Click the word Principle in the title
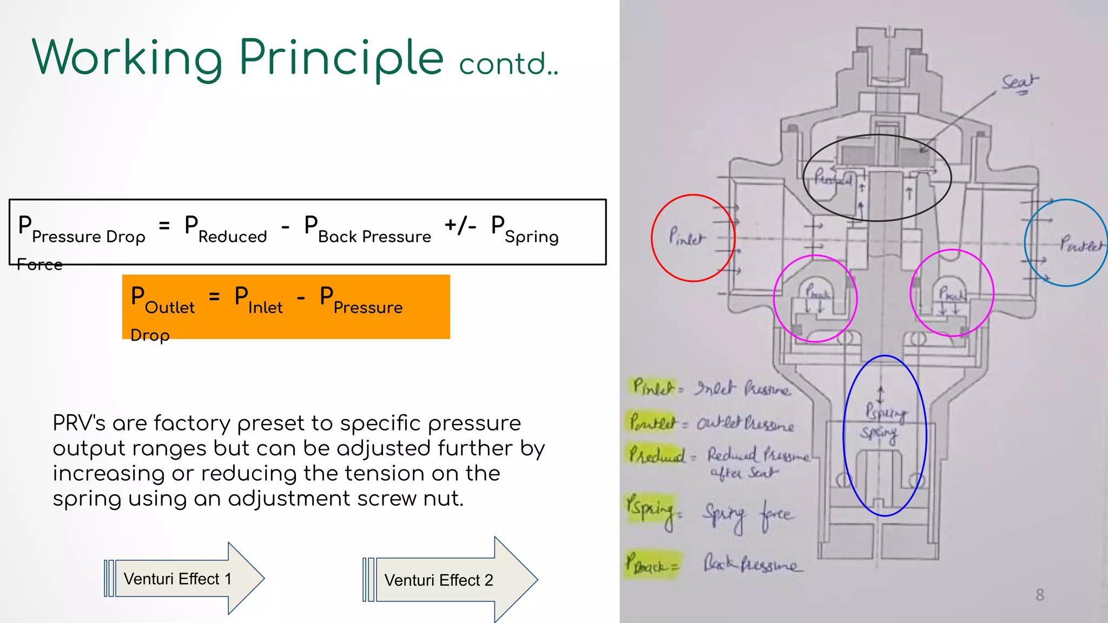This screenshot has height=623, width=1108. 341,58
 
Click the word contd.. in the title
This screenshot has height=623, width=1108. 508,64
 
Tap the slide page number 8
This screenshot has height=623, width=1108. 1039,595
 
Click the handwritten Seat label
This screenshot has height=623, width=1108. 1019,83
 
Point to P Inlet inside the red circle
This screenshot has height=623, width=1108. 687,237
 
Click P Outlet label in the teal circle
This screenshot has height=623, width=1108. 1081,244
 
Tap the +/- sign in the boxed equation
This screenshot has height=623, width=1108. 460,225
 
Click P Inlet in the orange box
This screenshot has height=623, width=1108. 258,301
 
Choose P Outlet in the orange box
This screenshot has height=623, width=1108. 162,301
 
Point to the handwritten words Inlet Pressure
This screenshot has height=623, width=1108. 742,388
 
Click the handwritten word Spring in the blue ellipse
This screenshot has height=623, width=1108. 879,434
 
